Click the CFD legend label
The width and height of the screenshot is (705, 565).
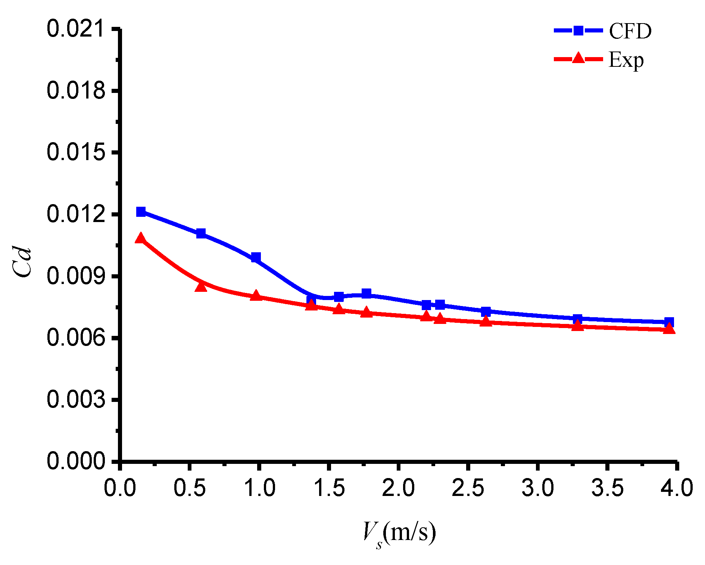click(630, 31)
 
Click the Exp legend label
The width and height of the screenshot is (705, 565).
click(626, 60)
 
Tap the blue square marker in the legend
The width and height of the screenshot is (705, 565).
click(578, 31)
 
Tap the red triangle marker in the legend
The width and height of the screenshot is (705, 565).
click(578, 58)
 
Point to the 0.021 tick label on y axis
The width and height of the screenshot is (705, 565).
click(76, 29)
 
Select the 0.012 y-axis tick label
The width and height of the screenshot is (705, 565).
click(76, 215)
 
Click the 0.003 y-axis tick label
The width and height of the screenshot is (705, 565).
click(76, 400)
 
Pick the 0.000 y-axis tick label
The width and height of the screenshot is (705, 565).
click(76, 461)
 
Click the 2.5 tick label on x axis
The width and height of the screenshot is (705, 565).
click(468, 488)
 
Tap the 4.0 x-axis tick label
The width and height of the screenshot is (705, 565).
click(677, 488)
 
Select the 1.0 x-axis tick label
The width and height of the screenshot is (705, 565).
click(259, 488)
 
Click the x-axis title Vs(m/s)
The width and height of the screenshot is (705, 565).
click(399, 533)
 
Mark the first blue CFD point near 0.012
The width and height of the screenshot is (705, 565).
click(141, 212)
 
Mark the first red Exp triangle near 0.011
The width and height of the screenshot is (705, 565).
click(140, 238)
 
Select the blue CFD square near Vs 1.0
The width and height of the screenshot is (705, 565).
click(256, 257)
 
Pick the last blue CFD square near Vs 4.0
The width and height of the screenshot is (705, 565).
click(669, 322)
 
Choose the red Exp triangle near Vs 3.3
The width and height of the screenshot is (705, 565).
click(577, 326)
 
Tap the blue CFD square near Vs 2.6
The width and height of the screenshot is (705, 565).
click(486, 311)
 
